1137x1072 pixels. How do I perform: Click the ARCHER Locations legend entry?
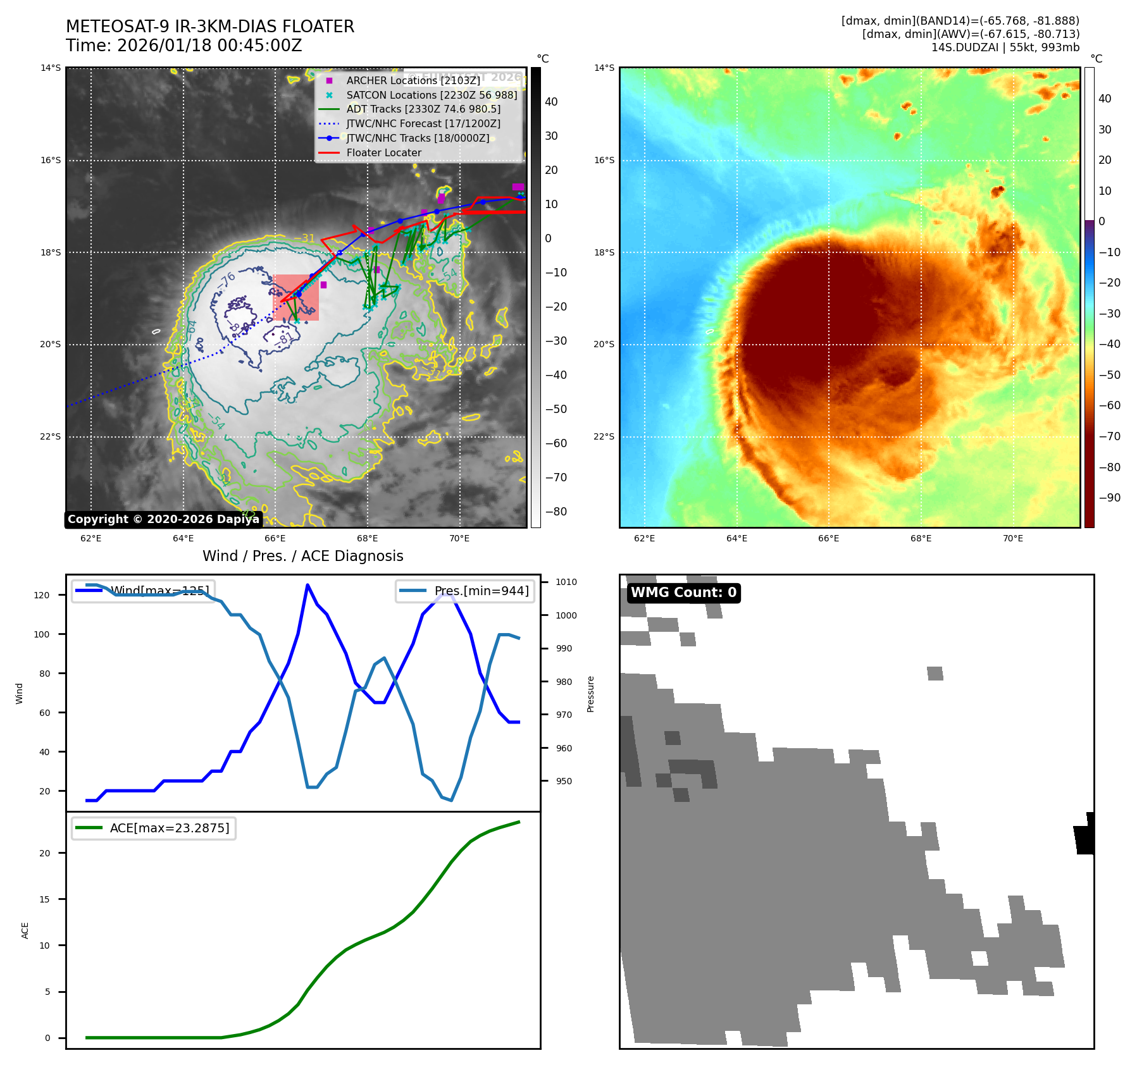point(413,80)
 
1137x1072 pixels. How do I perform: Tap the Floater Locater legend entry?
point(383,152)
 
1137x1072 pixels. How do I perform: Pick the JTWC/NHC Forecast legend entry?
point(423,124)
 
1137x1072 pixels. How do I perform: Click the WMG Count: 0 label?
point(683,593)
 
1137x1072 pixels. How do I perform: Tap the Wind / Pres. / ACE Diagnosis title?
point(302,556)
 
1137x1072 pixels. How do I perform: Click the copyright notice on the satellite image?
point(163,519)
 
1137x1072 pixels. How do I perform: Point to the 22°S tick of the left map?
point(51,436)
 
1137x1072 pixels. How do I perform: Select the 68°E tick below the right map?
point(921,538)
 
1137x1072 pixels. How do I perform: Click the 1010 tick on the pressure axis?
point(566,582)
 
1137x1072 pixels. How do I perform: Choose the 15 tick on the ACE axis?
point(44,899)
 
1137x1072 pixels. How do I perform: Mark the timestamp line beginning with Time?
point(184,46)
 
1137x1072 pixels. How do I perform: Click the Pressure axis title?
point(590,694)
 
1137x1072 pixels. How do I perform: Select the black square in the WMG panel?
point(1085,834)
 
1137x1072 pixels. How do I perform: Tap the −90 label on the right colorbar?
point(1109,498)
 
